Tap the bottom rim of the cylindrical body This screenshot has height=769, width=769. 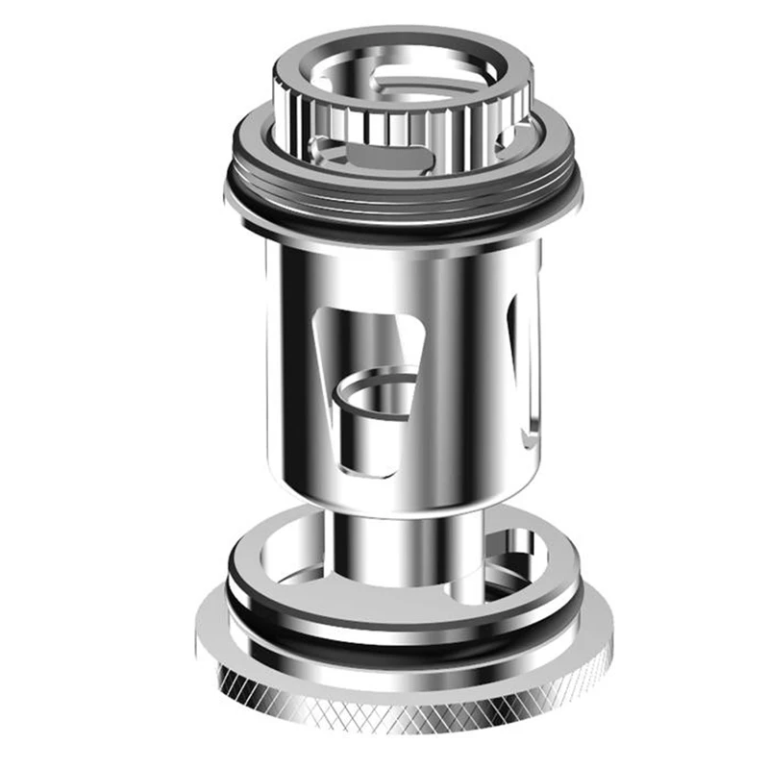pos(404,509)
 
